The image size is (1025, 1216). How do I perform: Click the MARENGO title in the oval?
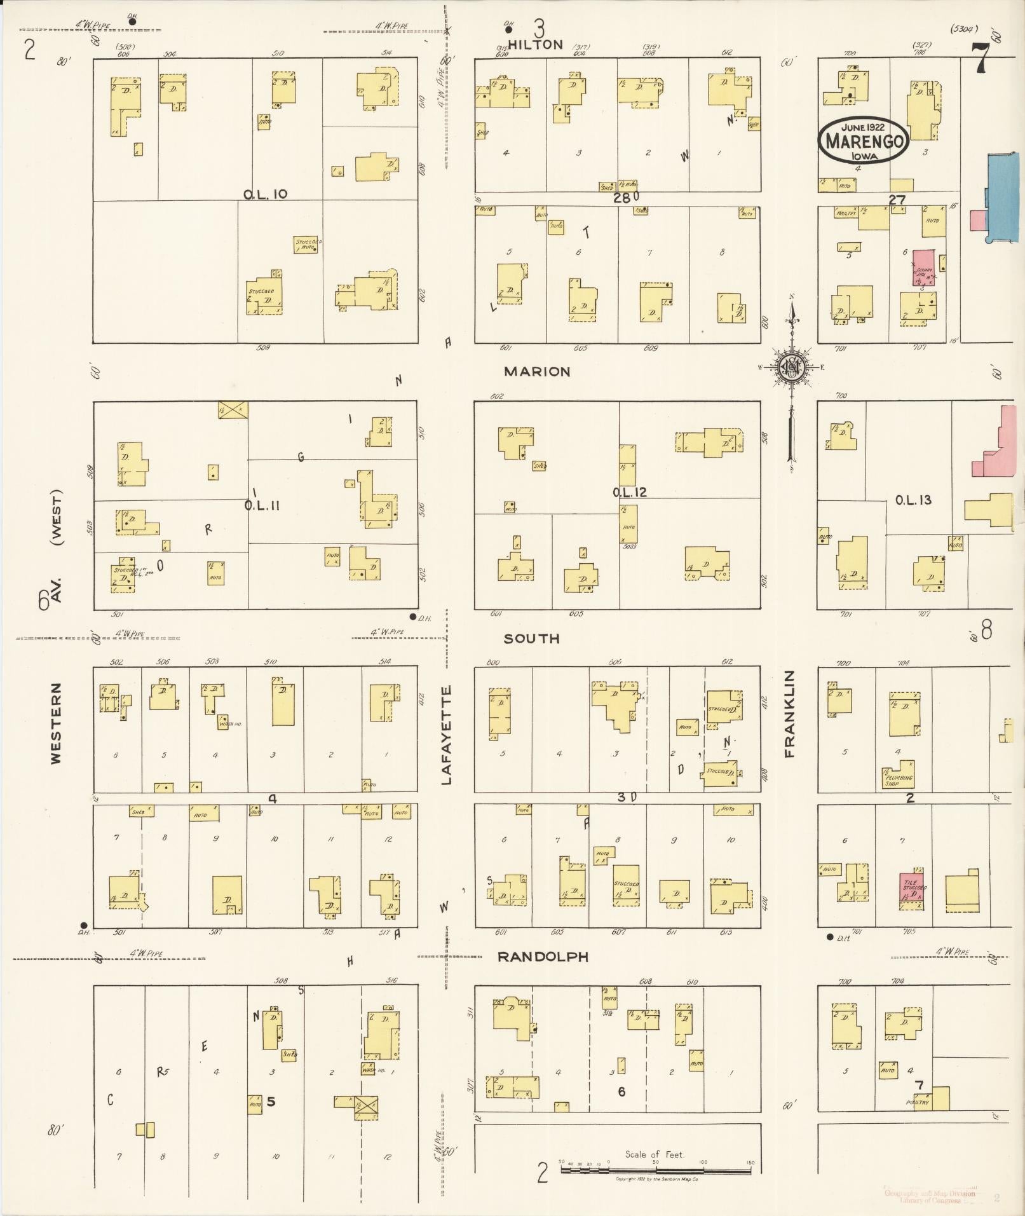coord(863,140)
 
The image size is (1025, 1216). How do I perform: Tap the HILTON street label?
coord(536,44)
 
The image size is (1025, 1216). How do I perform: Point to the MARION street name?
coord(537,371)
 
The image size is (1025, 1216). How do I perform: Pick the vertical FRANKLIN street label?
coord(789,714)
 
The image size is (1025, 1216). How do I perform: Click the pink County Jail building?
coord(923,267)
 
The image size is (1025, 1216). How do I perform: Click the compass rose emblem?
coord(792,368)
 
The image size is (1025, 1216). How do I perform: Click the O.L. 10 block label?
coord(266,194)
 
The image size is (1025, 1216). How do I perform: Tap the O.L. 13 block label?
coord(913,500)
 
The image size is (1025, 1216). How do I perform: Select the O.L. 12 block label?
coord(629,492)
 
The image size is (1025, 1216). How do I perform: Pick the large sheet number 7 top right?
coord(981,60)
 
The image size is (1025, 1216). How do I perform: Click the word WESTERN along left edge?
coord(57,723)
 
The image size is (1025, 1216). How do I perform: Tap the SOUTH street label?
coord(531,639)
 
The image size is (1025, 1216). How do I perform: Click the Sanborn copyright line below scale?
coord(656,1180)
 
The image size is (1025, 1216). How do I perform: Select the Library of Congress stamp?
coord(929,1196)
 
